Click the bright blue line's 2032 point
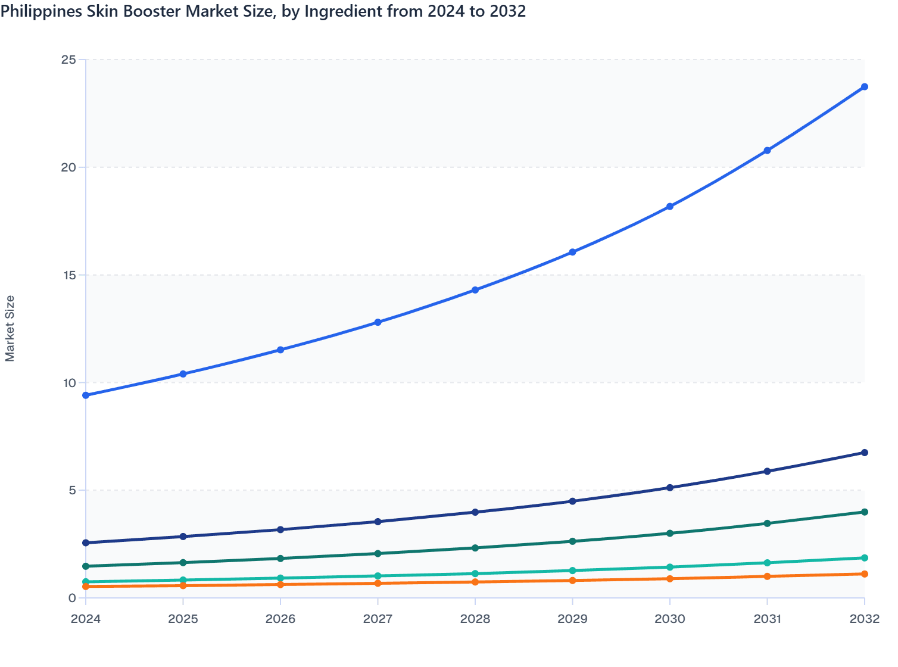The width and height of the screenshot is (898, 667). (864, 87)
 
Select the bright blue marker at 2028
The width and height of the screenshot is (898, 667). (475, 290)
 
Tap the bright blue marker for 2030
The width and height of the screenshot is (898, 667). (670, 207)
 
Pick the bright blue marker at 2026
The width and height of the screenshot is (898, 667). (280, 350)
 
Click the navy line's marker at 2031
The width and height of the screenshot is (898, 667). (767, 471)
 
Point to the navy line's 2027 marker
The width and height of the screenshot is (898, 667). (378, 522)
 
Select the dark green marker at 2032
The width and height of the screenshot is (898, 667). (864, 512)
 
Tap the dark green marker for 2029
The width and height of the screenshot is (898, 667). (572, 541)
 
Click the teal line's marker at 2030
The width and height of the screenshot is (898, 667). (670, 568)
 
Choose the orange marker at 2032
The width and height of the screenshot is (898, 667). (864, 574)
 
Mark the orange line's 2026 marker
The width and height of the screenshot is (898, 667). (280, 585)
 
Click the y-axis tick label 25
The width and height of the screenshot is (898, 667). (69, 60)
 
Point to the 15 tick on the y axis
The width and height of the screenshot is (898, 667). (69, 275)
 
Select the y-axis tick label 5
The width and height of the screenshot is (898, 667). (72, 491)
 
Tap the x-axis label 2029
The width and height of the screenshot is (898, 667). (572, 619)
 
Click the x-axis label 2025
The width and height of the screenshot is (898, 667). (183, 619)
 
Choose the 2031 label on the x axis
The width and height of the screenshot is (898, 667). (767, 619)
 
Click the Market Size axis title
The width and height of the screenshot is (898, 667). (10, 329)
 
